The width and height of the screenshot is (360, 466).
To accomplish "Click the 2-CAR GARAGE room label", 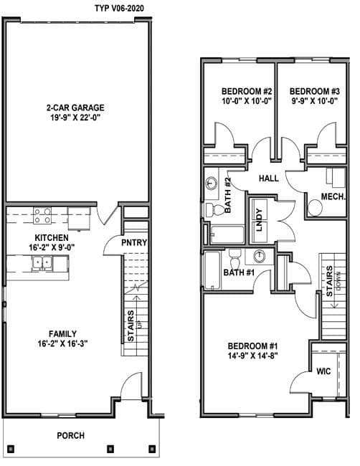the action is point(75,108).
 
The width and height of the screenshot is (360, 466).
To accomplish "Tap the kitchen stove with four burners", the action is point(42,216).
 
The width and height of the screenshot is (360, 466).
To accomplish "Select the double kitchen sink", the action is point(42,262).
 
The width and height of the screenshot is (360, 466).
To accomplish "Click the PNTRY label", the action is point(134,242).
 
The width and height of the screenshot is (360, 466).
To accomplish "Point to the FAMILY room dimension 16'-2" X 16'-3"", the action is point(62,343).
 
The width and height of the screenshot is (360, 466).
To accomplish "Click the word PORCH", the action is point(71,436).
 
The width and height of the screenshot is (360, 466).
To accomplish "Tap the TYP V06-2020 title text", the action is point(119,9).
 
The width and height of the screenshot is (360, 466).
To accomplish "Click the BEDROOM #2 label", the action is point(247,91).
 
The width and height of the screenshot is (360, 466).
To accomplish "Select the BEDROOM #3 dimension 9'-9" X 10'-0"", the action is point(314,101).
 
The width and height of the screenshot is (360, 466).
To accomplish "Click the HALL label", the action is point(269,179).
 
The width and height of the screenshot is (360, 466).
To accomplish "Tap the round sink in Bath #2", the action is point(212,183).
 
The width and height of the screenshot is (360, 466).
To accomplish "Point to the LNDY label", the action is point(260,220).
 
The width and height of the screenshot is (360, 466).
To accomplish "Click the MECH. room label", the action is point(333,196).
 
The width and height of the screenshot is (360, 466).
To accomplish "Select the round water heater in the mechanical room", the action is point(315,208).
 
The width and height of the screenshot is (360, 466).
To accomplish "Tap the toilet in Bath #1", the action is point(235,259).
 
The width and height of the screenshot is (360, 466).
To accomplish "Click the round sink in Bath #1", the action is point(260,256).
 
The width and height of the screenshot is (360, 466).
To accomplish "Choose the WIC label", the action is point(323,371).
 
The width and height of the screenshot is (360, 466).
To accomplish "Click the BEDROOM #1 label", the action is point(252,346).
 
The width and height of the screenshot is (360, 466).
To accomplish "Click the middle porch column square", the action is point(110,448).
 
